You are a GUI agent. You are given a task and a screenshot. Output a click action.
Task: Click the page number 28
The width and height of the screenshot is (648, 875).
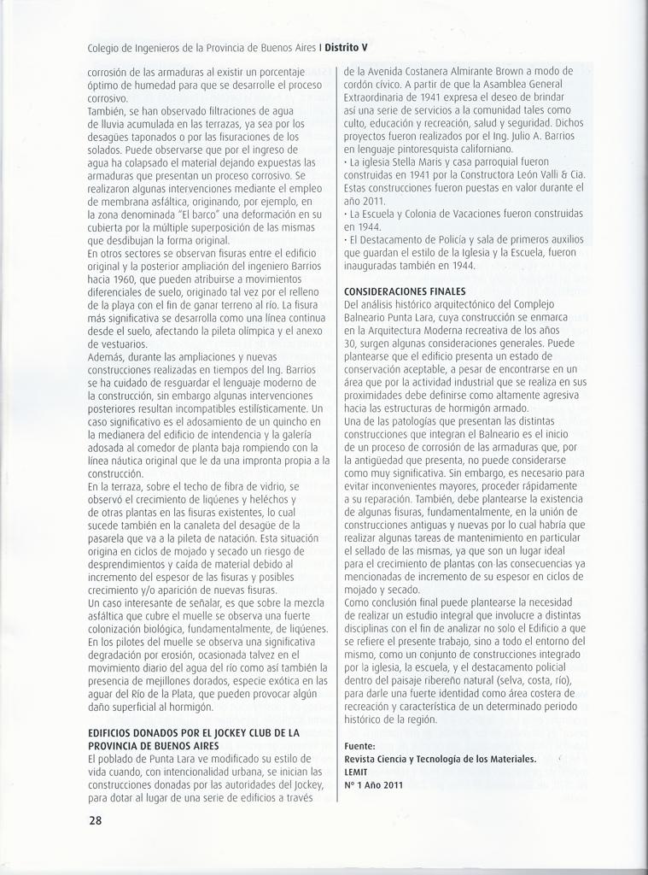point(95,821)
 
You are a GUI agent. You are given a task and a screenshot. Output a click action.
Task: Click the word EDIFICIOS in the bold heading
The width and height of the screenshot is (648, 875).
point(114,732)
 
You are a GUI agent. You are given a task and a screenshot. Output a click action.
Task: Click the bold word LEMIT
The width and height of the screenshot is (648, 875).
point(357,771)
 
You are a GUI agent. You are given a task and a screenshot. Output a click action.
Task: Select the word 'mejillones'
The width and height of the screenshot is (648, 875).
point(161,682)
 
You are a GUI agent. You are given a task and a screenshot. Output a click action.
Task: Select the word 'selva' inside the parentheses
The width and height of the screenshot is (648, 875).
point(511,680)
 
